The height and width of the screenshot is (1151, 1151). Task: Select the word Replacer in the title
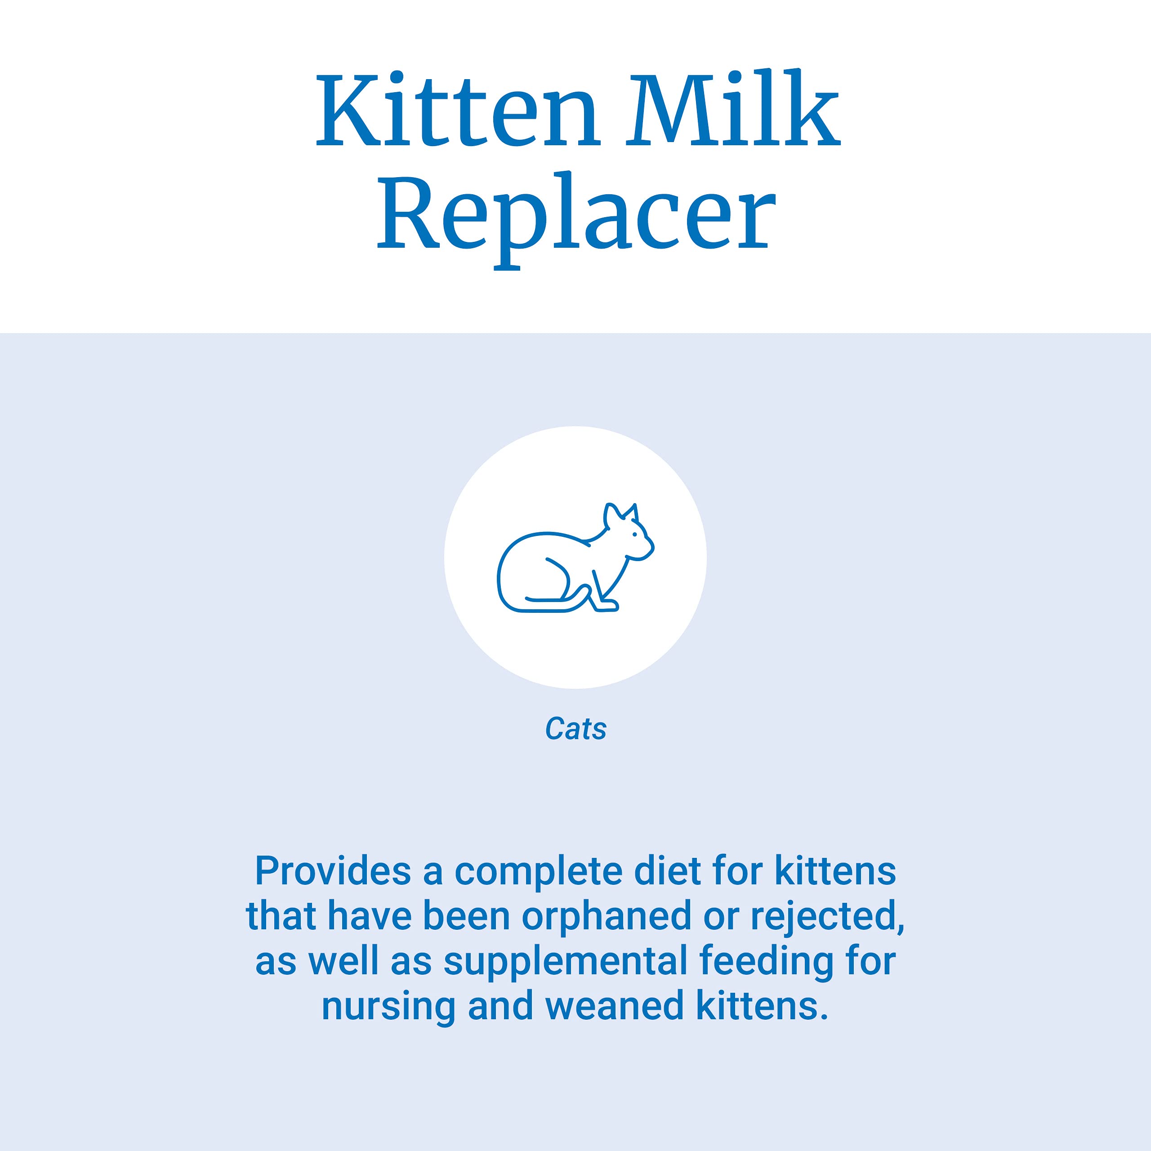(x=576, y=213)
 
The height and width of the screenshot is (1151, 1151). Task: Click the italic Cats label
(x=575, y=729)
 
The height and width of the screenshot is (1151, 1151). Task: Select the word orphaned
(x=607, y=916)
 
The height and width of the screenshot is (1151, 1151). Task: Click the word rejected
(x=827, y=916)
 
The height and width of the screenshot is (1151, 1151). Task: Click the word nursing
(x=388, y=1006)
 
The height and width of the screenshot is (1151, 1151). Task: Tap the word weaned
(x=614, y=1006)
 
